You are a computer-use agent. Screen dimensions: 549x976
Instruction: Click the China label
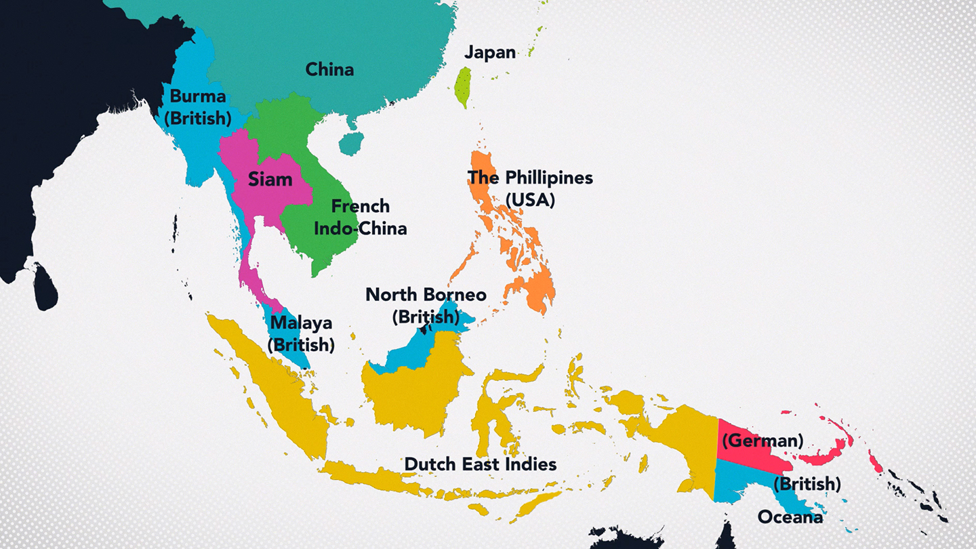[x=329, y=69]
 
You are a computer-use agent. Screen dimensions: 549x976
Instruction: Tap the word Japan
[x=490, y=53]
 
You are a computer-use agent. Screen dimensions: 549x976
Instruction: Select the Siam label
[x=270, y=180]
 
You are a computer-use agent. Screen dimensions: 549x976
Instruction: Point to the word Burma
[x=198, y=96]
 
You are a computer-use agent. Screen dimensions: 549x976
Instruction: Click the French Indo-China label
[x=360, y=217]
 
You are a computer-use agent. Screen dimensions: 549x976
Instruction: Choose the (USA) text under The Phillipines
[x=530, y=201]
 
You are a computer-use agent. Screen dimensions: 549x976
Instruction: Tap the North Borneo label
[x=426, y=295]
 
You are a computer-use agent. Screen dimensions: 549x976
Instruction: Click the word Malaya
[x=301, y=323]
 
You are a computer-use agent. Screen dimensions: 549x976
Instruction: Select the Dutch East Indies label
[x=481, y=464]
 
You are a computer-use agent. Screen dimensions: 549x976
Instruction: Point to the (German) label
[x=762, y=441]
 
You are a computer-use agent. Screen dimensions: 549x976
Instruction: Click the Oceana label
[x=790, y=517]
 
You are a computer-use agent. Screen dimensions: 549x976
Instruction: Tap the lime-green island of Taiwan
[x=463, y=87]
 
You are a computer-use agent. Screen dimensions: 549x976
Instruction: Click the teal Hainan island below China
[x=351, y=143]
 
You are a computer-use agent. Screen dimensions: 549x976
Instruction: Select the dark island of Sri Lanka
[x=45, y=287]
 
